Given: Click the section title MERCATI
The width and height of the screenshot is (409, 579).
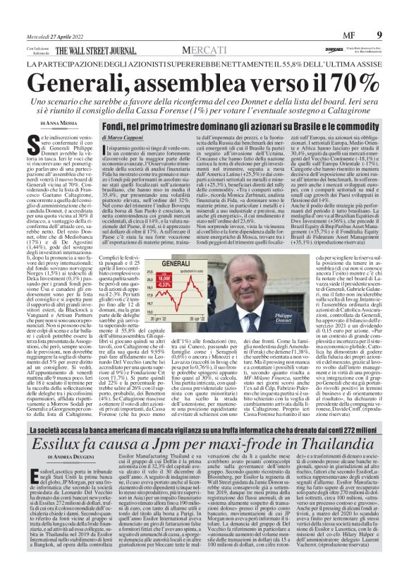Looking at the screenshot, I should pos(204,51).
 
